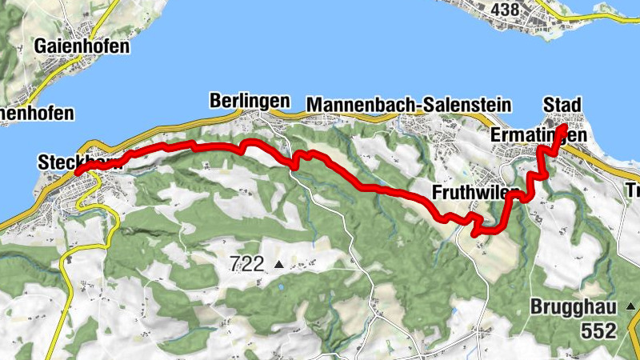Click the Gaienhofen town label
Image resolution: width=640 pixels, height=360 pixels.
82,46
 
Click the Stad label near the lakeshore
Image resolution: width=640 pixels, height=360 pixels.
562,106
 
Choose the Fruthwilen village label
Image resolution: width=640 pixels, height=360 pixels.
474,193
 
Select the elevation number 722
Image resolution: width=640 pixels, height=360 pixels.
246,264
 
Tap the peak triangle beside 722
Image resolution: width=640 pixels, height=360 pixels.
278,264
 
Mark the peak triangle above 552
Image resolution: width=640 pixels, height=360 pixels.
632,306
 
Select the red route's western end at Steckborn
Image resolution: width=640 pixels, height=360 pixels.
78,171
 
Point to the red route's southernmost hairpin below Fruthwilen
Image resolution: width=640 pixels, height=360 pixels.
477,233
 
